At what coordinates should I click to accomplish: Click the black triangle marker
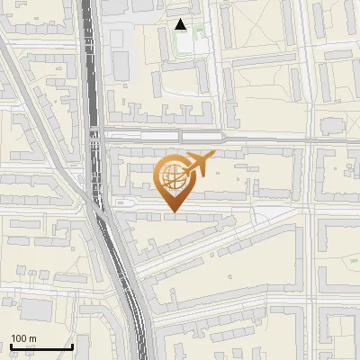click(181, 24)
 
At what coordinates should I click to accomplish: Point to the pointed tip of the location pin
click(173, 214)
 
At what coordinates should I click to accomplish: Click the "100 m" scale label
click(24, 338)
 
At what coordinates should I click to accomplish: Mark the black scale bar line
click(40, 346)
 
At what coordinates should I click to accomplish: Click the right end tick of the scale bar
click(72, 345)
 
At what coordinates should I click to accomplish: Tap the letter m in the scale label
click(32, 338)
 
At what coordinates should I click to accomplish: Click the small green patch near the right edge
click(353, 261)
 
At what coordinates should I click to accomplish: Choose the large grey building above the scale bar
click(36, 310)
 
